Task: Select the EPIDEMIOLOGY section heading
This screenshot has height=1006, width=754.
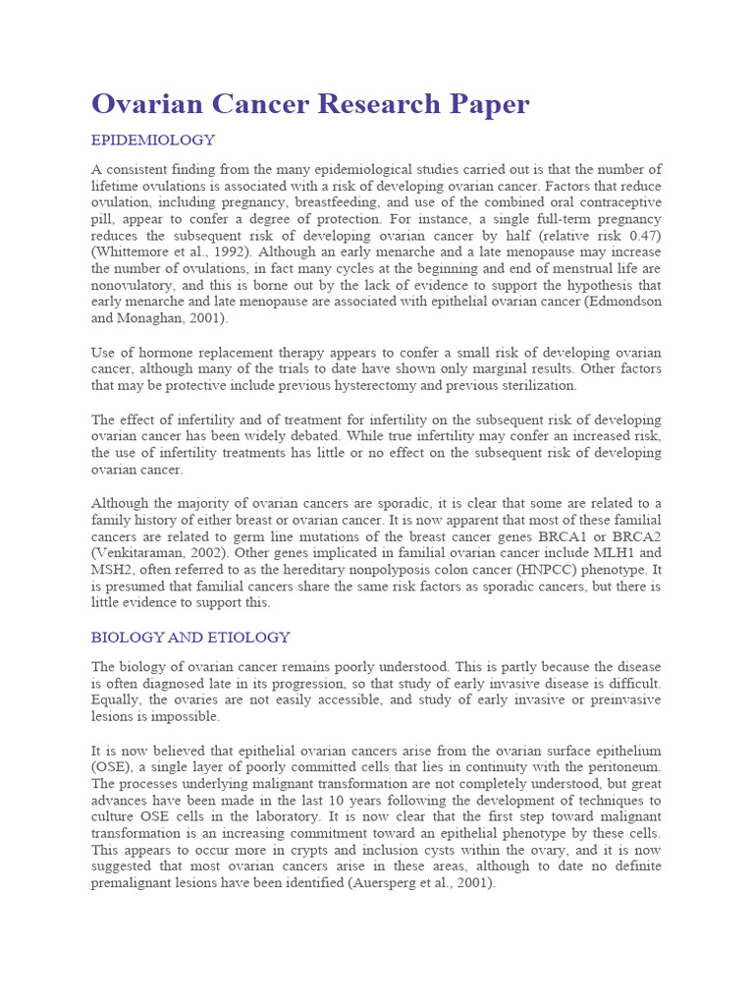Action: (153, 140)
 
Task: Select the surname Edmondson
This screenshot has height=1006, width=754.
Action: (614, 302)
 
